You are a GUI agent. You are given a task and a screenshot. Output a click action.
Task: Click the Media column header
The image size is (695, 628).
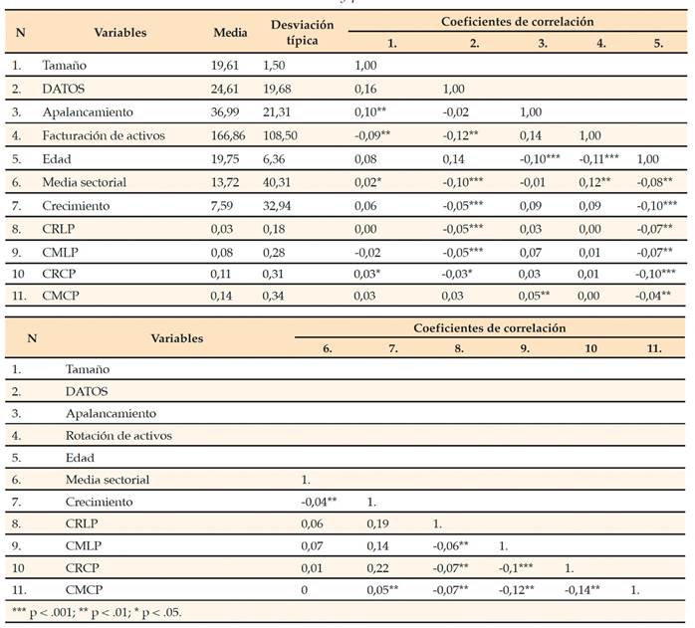(x=230, y=33)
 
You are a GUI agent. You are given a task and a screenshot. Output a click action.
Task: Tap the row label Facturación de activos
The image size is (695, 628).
(x=103, y=134)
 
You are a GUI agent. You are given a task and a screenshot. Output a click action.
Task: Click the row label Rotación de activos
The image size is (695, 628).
(x=118, y=435)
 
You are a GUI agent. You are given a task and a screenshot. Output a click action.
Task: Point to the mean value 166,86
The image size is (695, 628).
(x=231, y=134)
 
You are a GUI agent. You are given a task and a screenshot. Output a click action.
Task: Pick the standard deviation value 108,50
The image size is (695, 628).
(x=283, y=134)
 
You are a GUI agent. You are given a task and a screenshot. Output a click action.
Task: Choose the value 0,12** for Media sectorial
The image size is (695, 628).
(x=597, y=181)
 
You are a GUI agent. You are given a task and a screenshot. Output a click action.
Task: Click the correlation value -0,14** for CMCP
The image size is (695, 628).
(x=583, y=589)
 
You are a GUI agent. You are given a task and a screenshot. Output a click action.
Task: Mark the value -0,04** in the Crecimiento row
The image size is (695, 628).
(x=320, y=501)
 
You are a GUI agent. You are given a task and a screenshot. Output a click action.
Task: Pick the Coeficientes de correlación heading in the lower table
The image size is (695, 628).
(x=490, y=326)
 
